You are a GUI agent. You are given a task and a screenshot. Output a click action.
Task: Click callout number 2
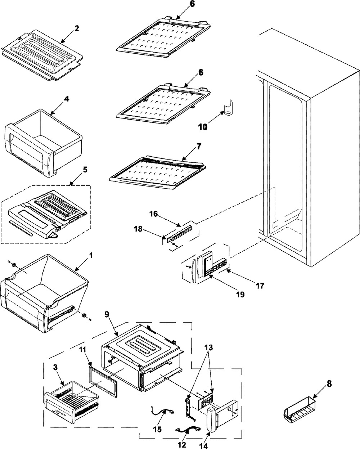click(76, 28)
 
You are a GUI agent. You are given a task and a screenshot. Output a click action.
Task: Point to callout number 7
click(199, 147)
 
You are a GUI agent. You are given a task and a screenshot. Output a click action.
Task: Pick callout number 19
click(240, 295)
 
